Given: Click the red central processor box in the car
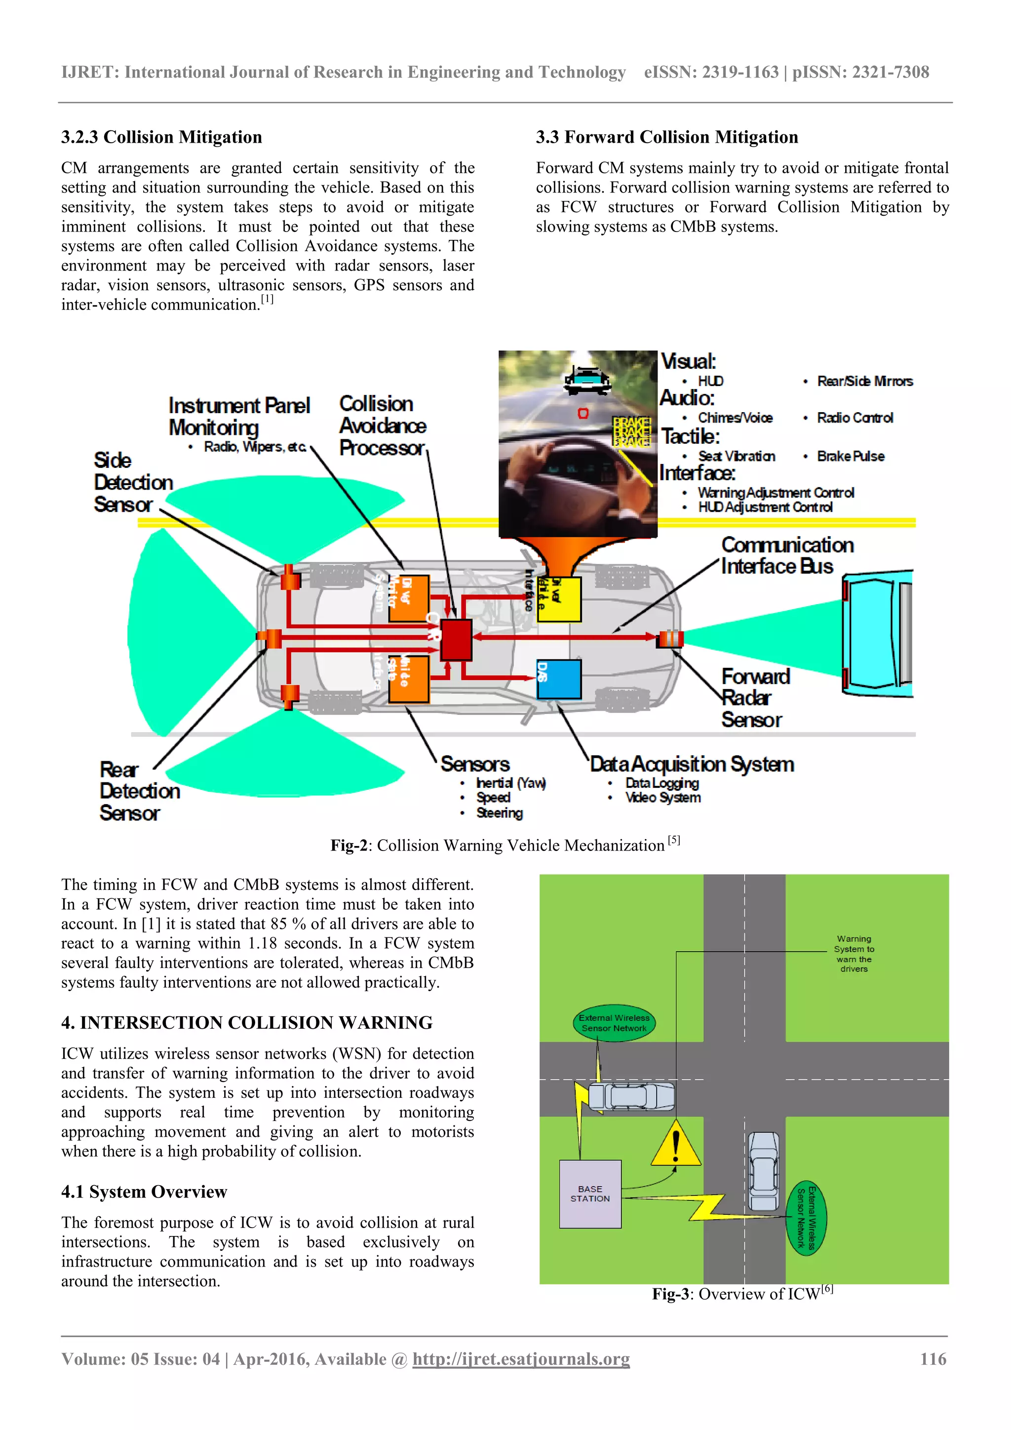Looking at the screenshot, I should point(456,640).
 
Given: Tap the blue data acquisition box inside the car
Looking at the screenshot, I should point(559,679).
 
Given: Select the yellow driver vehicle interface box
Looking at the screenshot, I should point(559,599).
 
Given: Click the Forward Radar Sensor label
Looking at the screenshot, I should point(754,697).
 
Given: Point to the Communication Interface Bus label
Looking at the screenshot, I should point(786,555).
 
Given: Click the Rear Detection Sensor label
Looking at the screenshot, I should point(139,791).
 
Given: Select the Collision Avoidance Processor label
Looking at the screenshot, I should point(382,425).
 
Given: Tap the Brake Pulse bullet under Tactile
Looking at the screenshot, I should point(850,456).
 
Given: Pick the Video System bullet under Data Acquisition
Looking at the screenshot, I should point(663,798).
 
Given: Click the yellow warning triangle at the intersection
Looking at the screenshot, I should point(675,1145).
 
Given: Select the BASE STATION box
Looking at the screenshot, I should point(590,1194).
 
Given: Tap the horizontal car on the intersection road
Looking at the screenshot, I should point(631,1097).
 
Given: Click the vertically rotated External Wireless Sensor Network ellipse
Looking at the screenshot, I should point(807,1218).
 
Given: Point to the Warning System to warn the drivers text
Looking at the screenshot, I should point(854,954).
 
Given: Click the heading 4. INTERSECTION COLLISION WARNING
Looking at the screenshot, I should point(247,1023).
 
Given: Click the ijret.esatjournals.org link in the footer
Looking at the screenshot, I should point(521,1359).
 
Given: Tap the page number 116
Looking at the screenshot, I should point(933,1359).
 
